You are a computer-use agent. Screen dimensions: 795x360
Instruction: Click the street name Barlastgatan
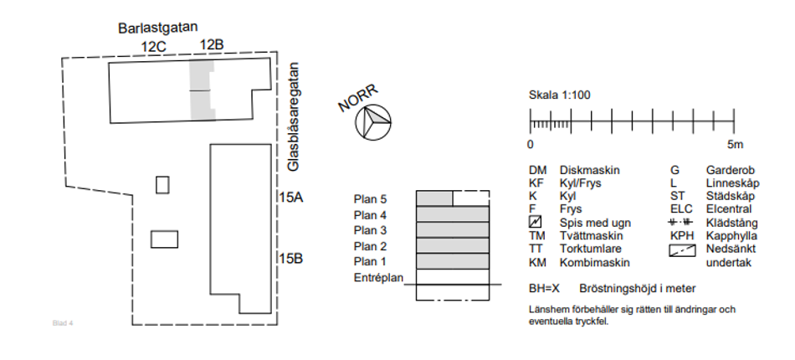(157, 28)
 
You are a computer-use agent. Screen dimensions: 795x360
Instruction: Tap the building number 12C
(154, 47)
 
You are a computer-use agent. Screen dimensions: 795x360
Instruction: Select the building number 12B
(211, 44)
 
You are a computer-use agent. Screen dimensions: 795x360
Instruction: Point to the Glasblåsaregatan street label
(293, 116)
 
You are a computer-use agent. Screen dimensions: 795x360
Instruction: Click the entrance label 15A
(291, 198)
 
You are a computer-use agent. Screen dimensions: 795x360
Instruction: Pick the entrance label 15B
(291, 259)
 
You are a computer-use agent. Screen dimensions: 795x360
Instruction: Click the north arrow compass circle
(373, 122)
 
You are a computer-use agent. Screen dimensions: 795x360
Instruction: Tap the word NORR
(358, 98)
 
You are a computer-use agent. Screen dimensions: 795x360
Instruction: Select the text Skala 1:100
(560, 95)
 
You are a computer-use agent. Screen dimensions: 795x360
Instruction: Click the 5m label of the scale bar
(736, 145)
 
